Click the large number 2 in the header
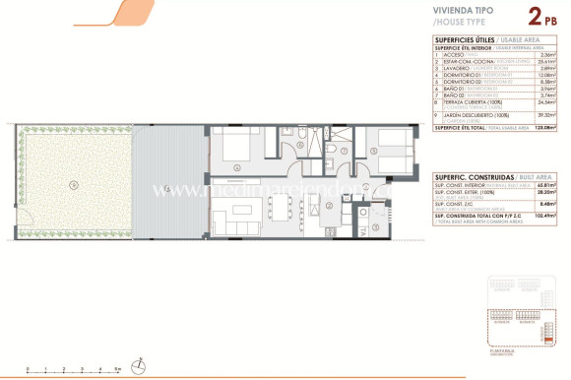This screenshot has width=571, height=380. pos(535,16)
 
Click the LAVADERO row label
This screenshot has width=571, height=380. pos(456,69)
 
